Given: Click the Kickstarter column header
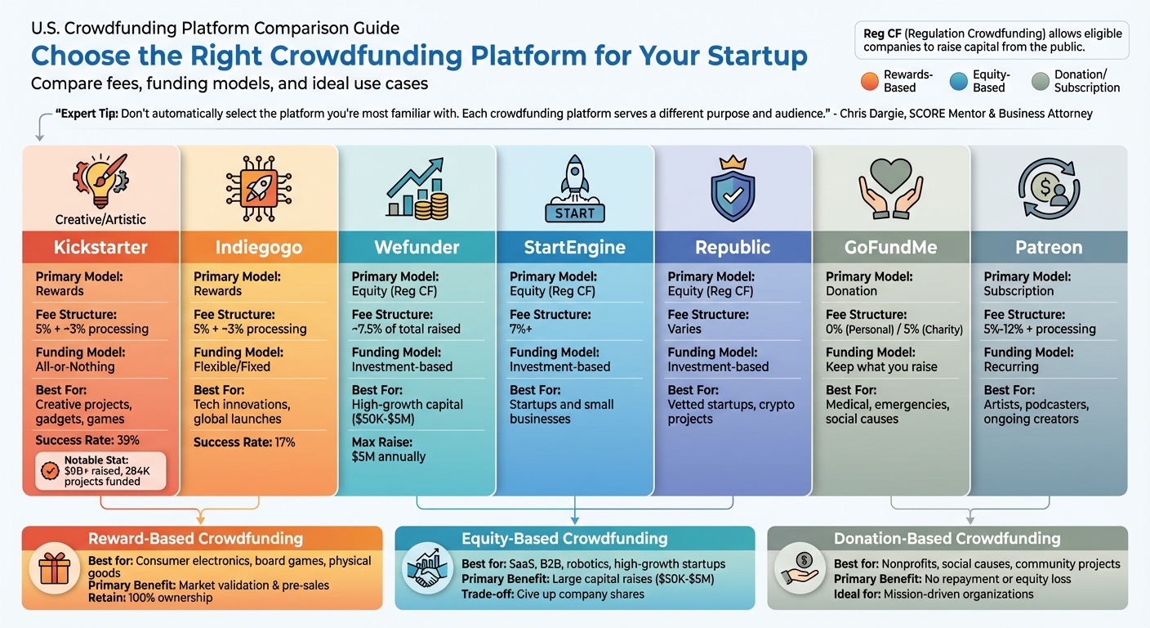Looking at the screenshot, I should (x=100, y=247).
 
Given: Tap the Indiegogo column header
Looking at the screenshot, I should (x=258, y=247).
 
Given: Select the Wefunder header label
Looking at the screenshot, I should (x=417, y=247).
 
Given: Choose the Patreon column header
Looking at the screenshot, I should (x=1049, y=247).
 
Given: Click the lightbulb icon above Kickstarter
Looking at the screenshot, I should (x=100, y=180).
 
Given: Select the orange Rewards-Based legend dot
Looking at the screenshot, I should (x=871, y=81).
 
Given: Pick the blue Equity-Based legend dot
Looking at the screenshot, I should (x=960, y=81).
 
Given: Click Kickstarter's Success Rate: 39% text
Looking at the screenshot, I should (x=87, y=440).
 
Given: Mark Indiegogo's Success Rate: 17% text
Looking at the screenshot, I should (x=244, y=442).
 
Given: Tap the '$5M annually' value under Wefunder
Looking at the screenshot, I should (x=389, y=457).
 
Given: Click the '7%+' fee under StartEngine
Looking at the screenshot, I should (x=521, y=329).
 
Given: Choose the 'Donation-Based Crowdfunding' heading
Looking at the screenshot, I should (x=947, y=539).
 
